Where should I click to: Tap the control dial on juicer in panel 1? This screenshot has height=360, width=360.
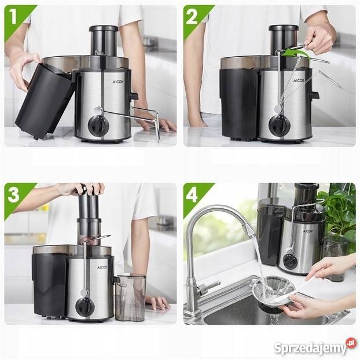[99, 124]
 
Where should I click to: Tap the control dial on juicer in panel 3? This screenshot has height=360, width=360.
[85, 306]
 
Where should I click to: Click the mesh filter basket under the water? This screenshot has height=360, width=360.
[272, 292]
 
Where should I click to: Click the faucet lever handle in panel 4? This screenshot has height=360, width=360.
[208, 286]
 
